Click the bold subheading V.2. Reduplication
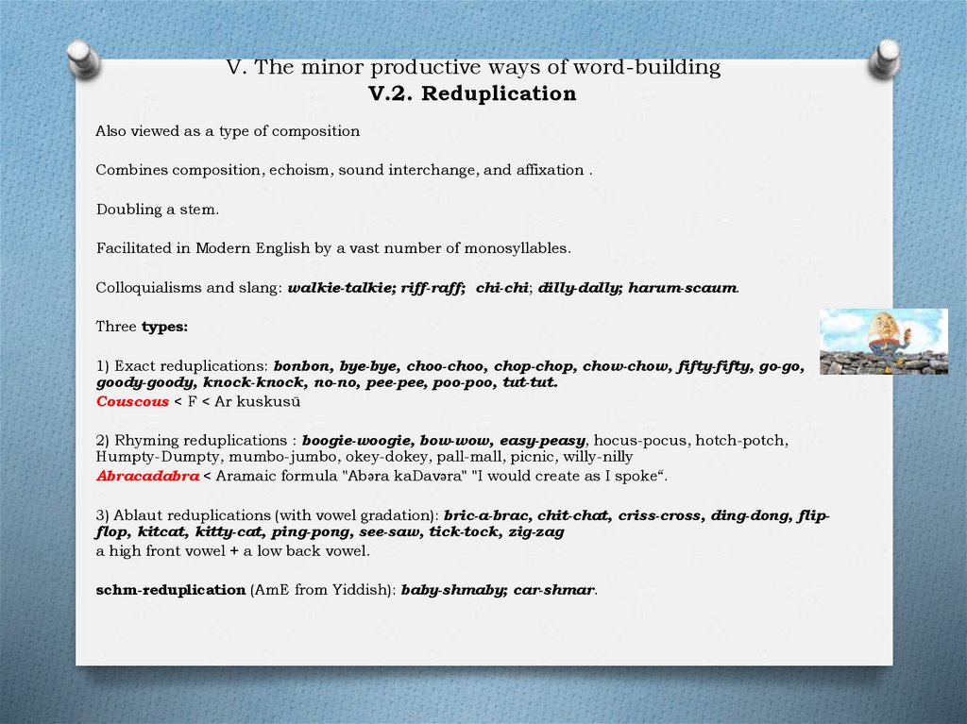point(472,93)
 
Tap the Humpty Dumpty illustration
point(883,341)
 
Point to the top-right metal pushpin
point(885,59)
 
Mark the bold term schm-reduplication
point(170,589)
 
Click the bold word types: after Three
point(164,326)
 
